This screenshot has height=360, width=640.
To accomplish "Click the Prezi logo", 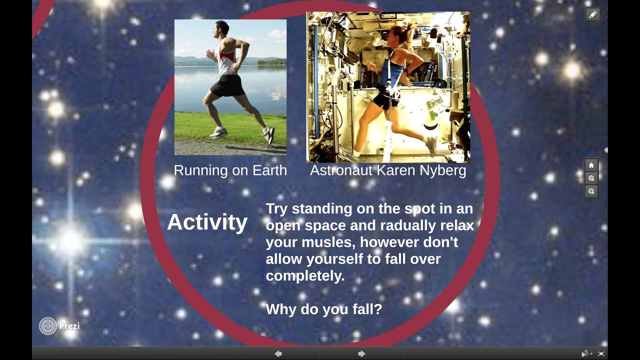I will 58,326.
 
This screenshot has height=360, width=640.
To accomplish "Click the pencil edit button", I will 592,14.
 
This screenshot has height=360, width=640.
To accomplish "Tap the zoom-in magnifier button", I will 591,178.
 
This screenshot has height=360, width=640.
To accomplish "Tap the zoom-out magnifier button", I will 591,191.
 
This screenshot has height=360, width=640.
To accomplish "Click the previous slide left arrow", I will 278,354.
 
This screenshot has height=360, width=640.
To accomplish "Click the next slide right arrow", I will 361,354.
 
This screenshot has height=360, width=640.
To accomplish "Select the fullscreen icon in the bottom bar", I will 601,354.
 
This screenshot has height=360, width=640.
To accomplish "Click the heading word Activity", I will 207,222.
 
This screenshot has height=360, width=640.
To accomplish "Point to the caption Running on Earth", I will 230,170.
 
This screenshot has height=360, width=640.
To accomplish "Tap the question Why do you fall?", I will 323,309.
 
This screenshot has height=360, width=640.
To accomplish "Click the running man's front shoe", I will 269,135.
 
